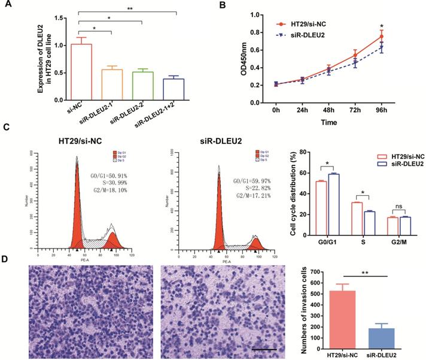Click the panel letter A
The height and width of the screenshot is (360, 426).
click(8, 7)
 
